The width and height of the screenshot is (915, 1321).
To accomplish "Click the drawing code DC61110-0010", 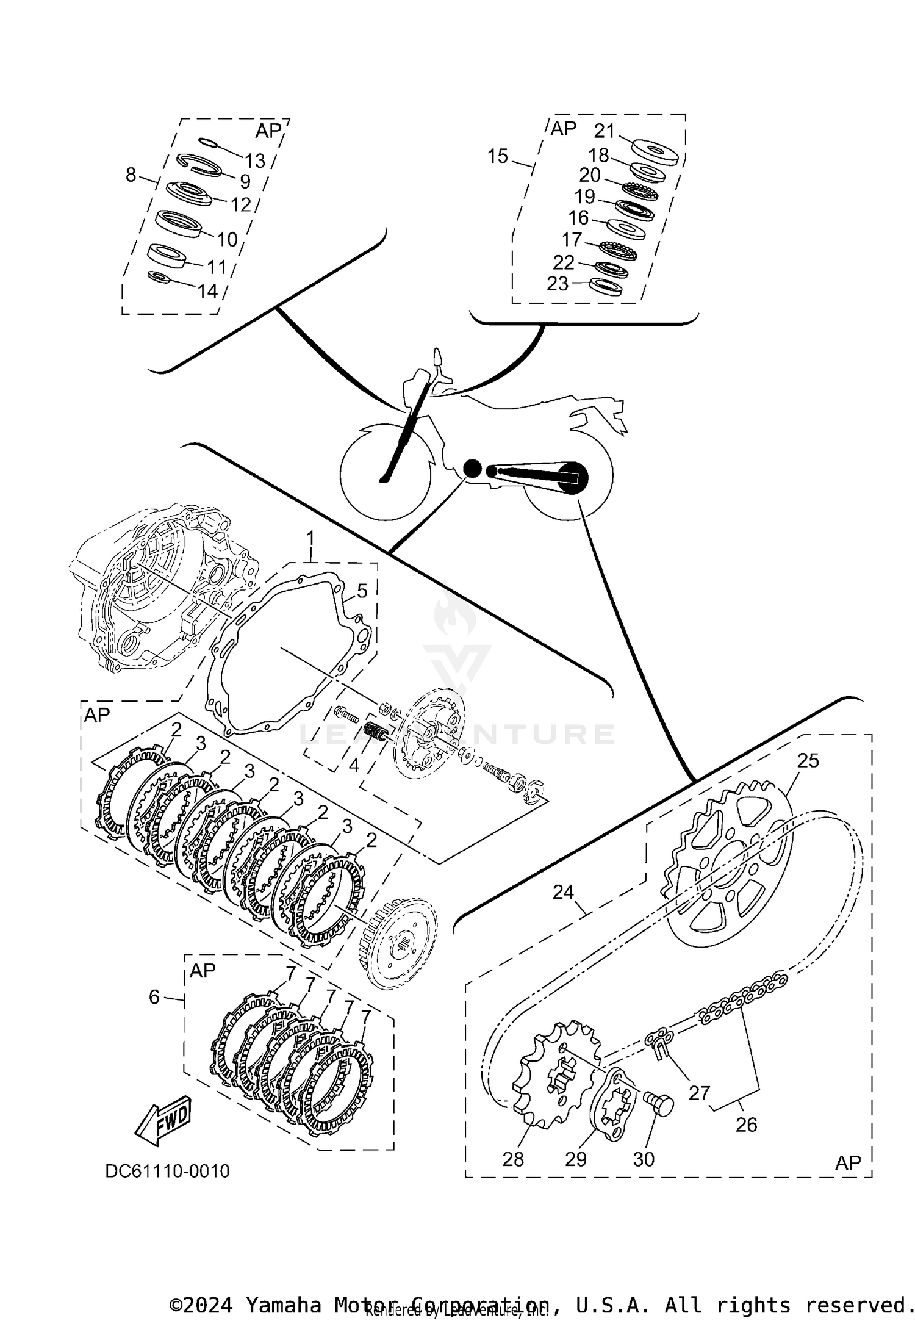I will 167,1171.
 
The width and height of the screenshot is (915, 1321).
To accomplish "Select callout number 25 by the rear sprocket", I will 808,760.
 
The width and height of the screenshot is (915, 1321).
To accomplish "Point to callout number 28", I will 513,1159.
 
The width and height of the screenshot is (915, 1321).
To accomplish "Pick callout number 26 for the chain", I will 746,1124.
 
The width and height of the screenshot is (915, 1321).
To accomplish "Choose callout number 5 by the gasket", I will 362,591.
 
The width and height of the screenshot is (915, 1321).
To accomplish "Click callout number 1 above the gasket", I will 310,538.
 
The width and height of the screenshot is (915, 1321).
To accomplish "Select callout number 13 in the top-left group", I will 255,160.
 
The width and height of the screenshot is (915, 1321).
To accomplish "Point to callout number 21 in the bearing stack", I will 605,131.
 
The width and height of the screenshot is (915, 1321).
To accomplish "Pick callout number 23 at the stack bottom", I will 558,283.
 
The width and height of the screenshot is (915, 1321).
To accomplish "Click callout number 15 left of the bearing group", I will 498,156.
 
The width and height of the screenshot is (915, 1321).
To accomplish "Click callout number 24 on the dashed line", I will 562,892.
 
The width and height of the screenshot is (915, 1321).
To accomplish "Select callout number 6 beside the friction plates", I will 154,997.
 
